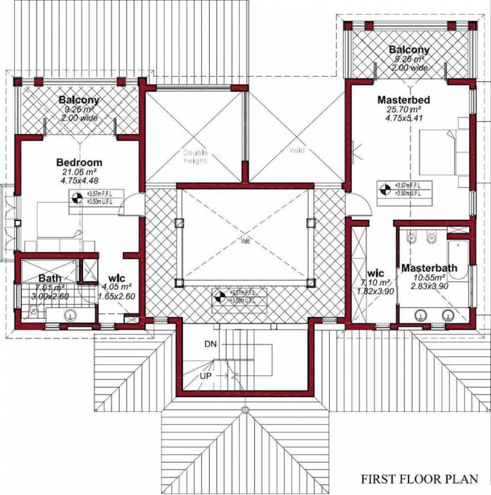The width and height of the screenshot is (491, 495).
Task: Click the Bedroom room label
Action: point(79,162)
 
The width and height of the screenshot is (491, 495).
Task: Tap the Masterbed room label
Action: point(403,101)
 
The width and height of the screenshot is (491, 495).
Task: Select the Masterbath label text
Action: point(428,267)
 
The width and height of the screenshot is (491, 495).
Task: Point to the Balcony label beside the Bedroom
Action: point(79,100)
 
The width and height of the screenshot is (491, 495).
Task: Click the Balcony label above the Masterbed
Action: point(409,50)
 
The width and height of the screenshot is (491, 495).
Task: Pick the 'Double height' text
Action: point(195,157)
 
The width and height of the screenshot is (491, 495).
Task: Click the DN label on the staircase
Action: point(210,344)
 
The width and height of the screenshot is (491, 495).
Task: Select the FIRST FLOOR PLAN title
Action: point(419,479)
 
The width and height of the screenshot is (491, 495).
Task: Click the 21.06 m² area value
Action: point(79,172)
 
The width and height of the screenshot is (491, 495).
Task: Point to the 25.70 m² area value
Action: point(403,110)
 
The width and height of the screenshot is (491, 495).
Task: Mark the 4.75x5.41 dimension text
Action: point(403,119)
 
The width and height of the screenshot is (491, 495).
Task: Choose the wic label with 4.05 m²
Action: point(116,278)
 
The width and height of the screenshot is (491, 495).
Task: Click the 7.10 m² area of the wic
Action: point(374,282)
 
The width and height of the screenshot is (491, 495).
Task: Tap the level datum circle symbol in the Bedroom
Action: point(77,199)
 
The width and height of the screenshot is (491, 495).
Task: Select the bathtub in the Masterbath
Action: point(457,261)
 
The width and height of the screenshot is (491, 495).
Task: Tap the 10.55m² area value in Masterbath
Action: point(428,278)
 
